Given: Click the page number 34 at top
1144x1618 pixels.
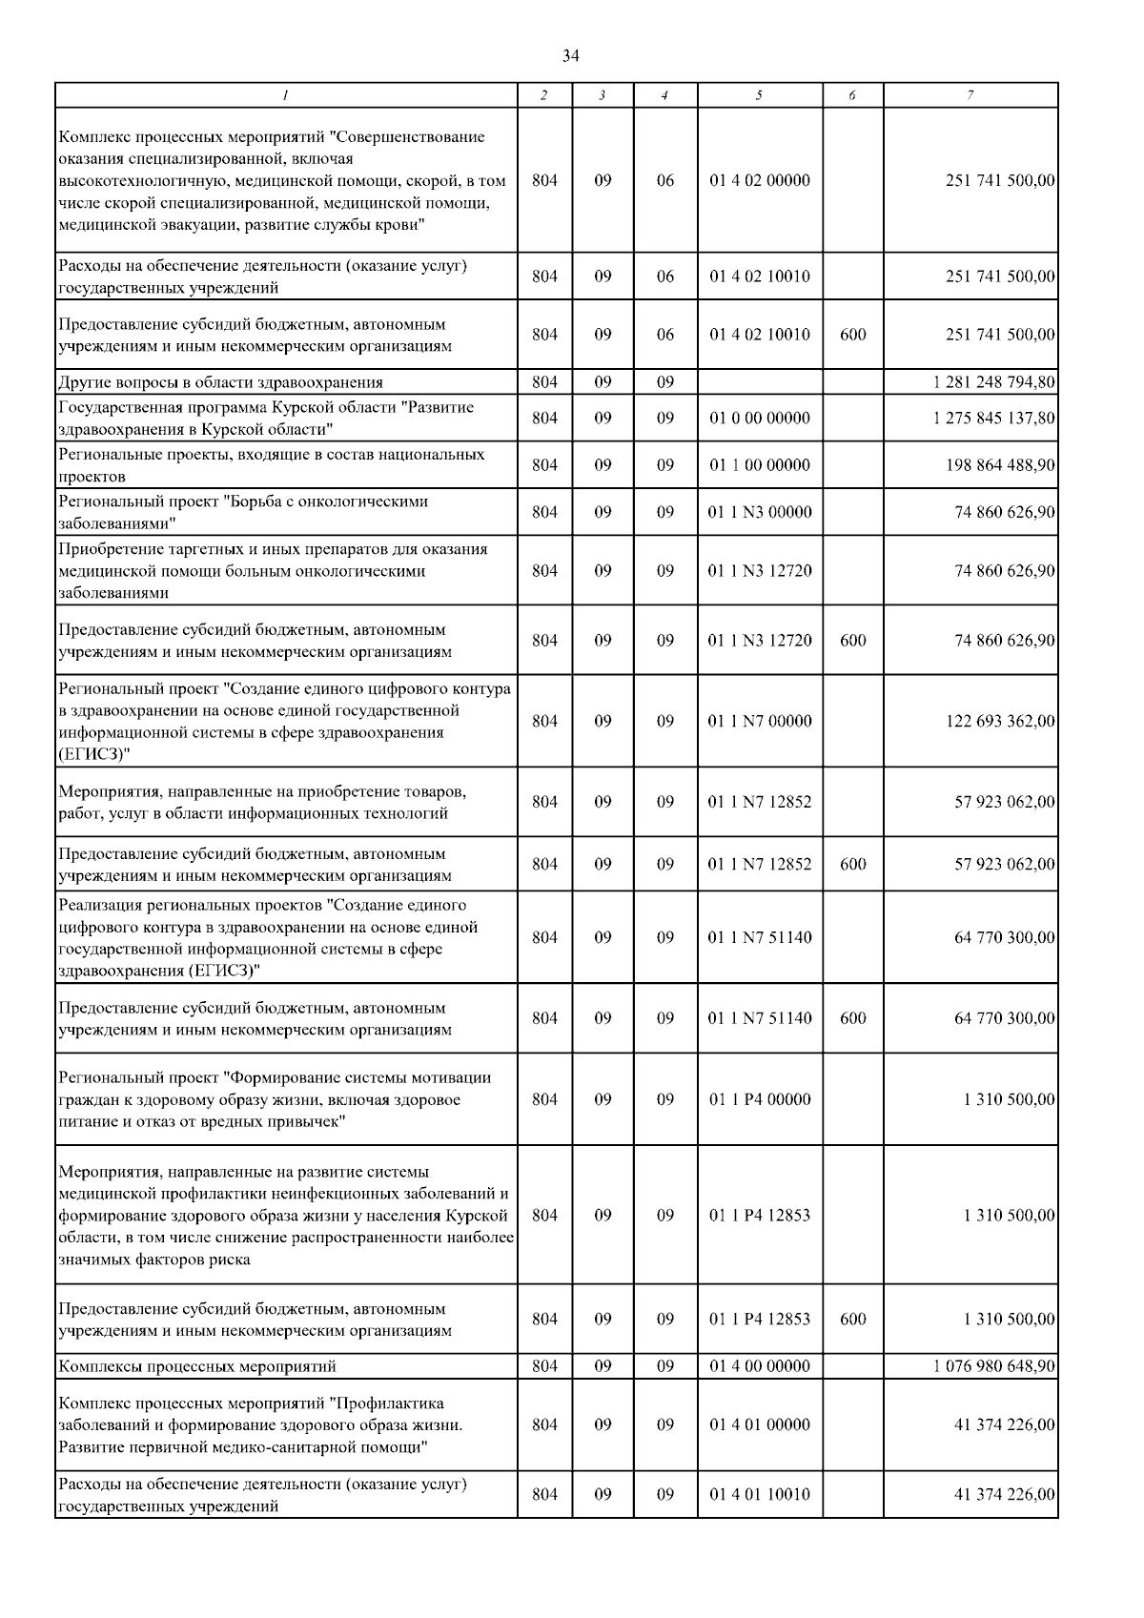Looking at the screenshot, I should pyautogui.click(x=570, y=56).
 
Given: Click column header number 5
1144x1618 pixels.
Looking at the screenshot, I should pyautogui.click(x=759, y=95).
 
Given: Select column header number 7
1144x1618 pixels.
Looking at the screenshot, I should pyautogui.click(x=970, y=95).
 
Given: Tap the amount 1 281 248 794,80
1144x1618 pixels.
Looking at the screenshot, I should pyautogui.click(x=994, y=382).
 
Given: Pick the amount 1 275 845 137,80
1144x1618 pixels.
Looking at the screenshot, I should pyautogui.click(x=994, y=418).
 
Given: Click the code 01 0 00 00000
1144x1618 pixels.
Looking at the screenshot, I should pyautogui.click(x=759, y=418).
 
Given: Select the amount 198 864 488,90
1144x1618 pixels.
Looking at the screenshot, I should pyautogui.click(x=1000, y=465).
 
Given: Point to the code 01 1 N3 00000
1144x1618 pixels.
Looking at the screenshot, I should pyautogui.click(x=759, y=512).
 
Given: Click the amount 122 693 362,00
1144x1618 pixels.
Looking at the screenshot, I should pyautogui.click(x=1000, y=722).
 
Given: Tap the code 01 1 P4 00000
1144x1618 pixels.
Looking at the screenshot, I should pyautogui.click(x=759, y=1099).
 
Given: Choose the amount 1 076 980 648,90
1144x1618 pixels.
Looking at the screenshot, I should pyautogui.click(x=994, y=1366).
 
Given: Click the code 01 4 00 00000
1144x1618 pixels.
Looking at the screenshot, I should pyautogui.click(x=759, y=1366).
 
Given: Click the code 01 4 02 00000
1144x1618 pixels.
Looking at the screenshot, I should pyautogui.click(x=759, y=180).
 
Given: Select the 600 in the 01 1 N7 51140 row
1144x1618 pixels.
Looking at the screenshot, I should pyautogui.click(x=852, y=1018).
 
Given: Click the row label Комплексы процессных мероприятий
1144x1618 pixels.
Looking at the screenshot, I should pyautogui.click(x=197, y=1366).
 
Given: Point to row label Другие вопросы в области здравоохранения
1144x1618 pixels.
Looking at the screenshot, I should pyautogui.click(x=220, y=382).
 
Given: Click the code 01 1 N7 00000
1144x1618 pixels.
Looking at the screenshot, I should pyautogui.click(x=759, y=722).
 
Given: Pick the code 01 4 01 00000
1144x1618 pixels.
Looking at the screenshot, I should pyautogui.click(x=759, y=1424).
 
